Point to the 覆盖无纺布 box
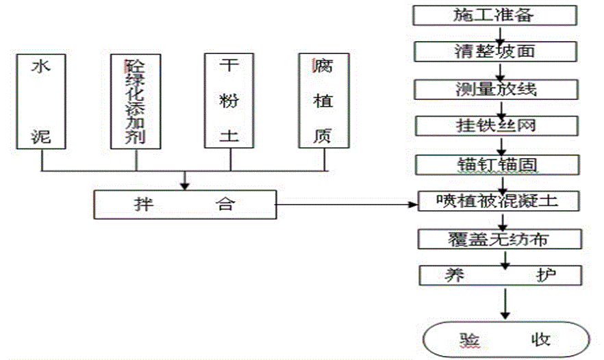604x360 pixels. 501,239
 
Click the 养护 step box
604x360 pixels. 501,276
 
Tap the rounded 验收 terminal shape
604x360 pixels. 506,339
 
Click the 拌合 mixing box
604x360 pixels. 185,204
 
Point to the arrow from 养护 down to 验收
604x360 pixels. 505,303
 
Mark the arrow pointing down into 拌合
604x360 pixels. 185,180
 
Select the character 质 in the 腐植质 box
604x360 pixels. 323,135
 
